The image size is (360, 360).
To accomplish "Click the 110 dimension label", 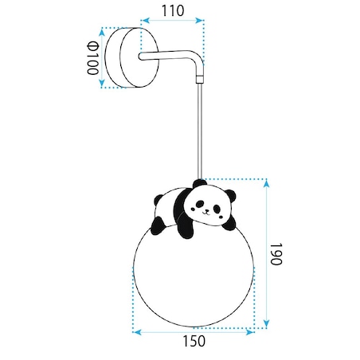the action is (x=173, y=11).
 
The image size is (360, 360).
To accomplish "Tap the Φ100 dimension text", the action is (x=92, y=58).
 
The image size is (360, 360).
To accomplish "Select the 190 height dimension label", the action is (x=276, y=254).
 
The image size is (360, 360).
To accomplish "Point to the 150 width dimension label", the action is (x=194, y=341).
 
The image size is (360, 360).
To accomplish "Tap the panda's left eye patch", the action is (x=199, y=204).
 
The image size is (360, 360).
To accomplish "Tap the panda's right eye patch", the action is (x=217, y=209).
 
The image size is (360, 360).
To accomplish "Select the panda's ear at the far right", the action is (x=230, y=196).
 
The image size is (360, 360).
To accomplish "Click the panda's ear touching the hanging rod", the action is (x=199, y=183).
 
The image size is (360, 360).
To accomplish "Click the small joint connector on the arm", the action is (x=200, y=79).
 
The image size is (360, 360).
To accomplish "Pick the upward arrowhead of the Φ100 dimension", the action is (x=101, y=33).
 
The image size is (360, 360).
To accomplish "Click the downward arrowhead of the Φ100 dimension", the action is (x=102, y=83).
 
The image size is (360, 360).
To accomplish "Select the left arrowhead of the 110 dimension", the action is (x=145, y=20).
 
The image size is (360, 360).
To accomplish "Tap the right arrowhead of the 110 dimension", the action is (x=200, y=21).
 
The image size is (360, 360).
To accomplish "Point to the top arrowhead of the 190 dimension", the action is (x=267, y=183).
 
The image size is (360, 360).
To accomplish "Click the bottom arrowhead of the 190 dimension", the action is (x=266, y=323).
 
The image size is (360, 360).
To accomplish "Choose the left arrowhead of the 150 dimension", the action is (x=137, y=332).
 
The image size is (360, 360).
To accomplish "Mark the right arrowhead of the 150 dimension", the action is (x=250, y=332).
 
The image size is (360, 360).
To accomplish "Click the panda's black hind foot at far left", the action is (x=157, y=225).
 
